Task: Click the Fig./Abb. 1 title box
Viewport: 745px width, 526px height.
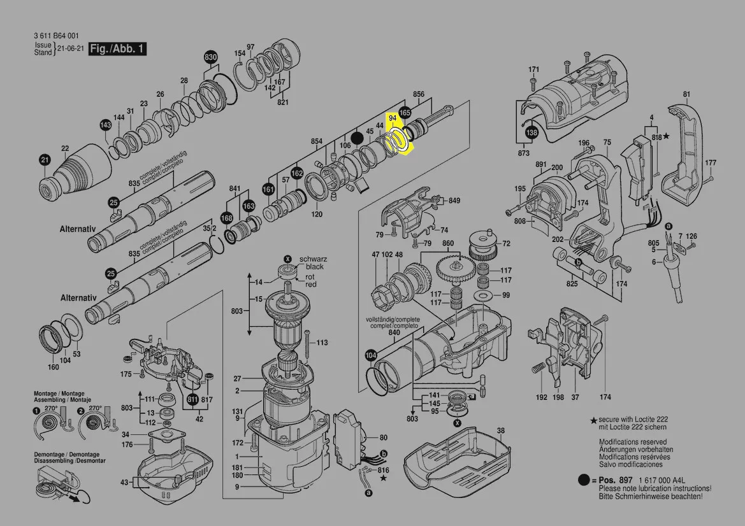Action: tap(118, 49)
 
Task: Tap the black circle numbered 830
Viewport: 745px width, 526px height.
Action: tap(210, 58)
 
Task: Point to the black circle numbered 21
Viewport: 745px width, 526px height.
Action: tap(45, 160)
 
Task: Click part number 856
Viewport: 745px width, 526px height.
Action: tap(418, 95)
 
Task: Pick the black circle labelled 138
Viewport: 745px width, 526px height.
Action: tap(531, 132)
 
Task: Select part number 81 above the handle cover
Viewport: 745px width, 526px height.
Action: tap(686, 95)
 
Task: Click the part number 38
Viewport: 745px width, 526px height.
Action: tap(500, 430)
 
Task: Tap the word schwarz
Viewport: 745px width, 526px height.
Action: tap(314, 259)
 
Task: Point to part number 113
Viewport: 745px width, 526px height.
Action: tap(322, 343)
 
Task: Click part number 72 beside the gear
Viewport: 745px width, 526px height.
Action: tap(506, 243)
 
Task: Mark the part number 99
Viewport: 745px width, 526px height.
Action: tap(506, 295)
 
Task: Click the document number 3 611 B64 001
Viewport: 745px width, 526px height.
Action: tap(57, 36)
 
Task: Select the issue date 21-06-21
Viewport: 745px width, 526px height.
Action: tap(69, 49)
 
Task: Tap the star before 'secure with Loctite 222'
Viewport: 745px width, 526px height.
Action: tap(593, 421)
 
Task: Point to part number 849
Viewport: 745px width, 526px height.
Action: tap(454, 201)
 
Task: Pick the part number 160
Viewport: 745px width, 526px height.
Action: tap(54, 367)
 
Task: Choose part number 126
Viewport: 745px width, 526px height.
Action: tap(691, 237)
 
